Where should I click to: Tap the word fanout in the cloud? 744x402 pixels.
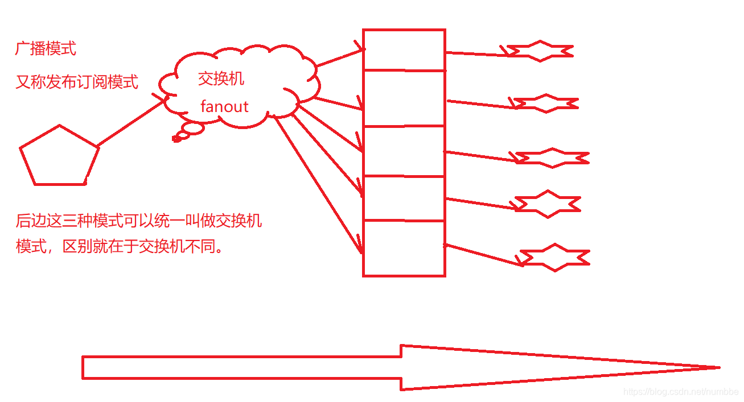(x=224, y=106)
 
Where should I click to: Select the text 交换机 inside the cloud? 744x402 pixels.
(x=221, y=78)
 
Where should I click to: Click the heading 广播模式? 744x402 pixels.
(x=46, y=49)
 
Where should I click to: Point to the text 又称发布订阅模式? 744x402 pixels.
(x=77, y=82)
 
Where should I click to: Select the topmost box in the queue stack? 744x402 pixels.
(x=404, y=50)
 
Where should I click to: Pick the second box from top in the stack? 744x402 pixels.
(x=404, y=98)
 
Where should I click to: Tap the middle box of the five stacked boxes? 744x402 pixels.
(x=404, y=151)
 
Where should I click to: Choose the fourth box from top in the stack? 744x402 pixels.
(x=404, y=198)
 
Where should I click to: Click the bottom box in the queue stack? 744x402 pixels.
(x=404, y=248)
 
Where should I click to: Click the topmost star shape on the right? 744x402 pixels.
(x=540, y=51)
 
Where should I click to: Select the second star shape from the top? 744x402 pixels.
(x=546, y=103)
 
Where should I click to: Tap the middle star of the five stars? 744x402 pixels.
(x=552, y=158)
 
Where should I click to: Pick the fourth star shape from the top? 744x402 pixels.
(x=548, y=204)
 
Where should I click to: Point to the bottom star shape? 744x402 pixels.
(x=555, y=258)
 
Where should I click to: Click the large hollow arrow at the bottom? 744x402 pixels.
(x=398, y=367)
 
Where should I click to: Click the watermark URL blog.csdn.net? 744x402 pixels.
(x=680, y=392)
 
